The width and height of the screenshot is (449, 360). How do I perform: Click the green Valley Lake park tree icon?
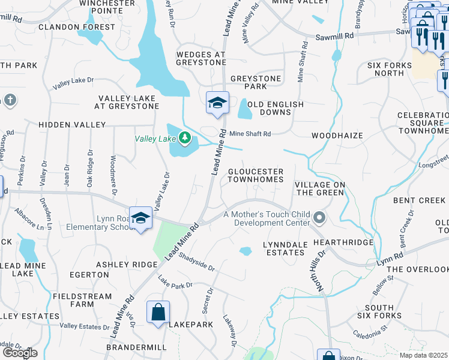pyautogui.click(x=186, y=139)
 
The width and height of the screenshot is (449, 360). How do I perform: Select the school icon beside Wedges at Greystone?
pyautogui.click(x=217, y=103)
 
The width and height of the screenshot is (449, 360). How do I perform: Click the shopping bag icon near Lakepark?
pyautogui.click(x=158, y=312)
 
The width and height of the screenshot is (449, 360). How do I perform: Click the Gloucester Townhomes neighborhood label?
pyautogui.click(x=255, y=175)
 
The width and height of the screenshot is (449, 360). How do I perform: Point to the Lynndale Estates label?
pyautogui.click(x=285, y=248)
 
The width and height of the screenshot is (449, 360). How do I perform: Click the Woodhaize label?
pyautogui.click(x=337, y=136)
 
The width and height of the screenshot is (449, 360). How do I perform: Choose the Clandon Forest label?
pyautogui.click(x=76, y=27)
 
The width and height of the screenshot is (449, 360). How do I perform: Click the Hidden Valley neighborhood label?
pyautogui.click(x=72, y=125)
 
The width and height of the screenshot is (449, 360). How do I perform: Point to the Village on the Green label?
pyautogui.click(x=319, y=188)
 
